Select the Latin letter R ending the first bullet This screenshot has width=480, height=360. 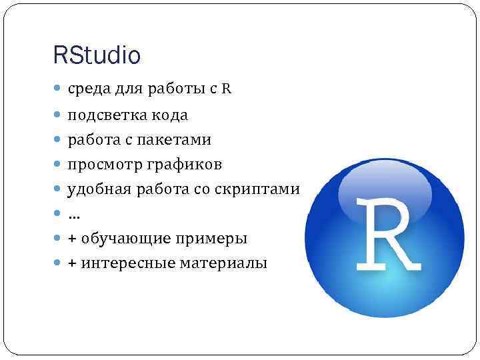tap(227, 89)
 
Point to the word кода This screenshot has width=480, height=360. tap(171, 115)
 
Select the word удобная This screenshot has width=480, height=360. tap(99, 189)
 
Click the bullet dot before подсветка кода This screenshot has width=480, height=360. tap(57, 115)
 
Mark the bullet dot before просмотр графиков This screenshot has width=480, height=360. tap(57, 165)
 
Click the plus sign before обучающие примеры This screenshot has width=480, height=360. tap(72, 239)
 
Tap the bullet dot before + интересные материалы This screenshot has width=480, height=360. tap(57, 263)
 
